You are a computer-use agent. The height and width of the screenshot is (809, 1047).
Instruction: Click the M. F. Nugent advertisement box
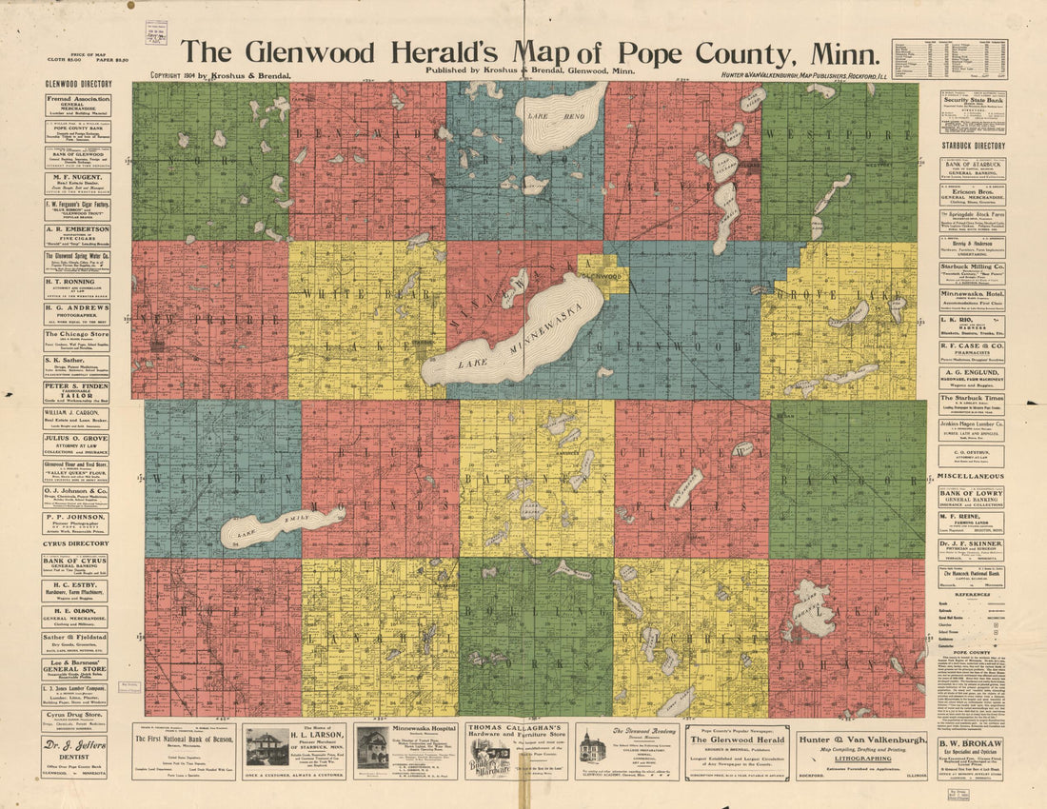pos(76,183)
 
